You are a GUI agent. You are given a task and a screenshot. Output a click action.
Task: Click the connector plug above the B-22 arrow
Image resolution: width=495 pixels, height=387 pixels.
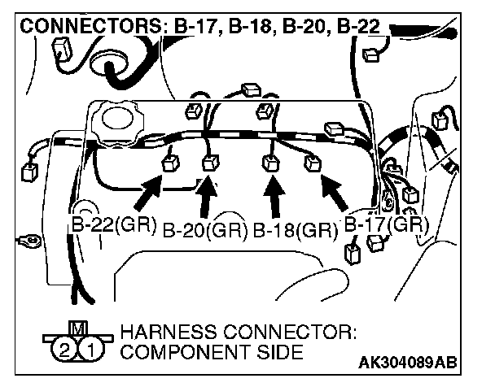point(171,162)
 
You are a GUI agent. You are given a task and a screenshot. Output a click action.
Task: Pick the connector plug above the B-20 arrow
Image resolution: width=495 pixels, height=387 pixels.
point(212,160)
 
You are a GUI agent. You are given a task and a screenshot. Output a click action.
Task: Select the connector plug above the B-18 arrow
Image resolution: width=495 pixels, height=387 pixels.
point(269,163)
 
